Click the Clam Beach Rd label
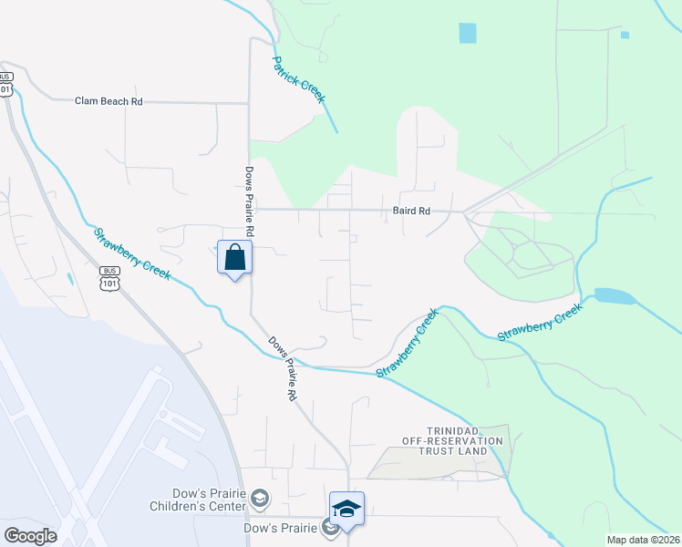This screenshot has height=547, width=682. tap(108, 102)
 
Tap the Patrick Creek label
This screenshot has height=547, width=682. tap(298, 80)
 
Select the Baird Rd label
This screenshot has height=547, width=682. tap(412, 211)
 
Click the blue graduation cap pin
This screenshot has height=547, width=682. tap(346, 510)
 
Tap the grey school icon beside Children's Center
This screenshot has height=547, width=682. tap(261, 498)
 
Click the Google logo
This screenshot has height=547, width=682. tap(30, 536)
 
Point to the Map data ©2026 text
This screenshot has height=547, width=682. tap(643, 540)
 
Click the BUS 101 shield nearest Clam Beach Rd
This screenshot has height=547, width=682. tap(6, 84)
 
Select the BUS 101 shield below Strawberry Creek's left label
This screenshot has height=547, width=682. tap(109, 277)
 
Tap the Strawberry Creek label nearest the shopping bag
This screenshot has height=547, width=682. tap(131, 254)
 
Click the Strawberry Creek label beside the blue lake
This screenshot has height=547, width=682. tap(540, 324)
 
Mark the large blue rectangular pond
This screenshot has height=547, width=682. tap(468, 33)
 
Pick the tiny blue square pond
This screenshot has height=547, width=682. tap(625, 36)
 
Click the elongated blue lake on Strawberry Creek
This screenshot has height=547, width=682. tap(614, 296)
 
